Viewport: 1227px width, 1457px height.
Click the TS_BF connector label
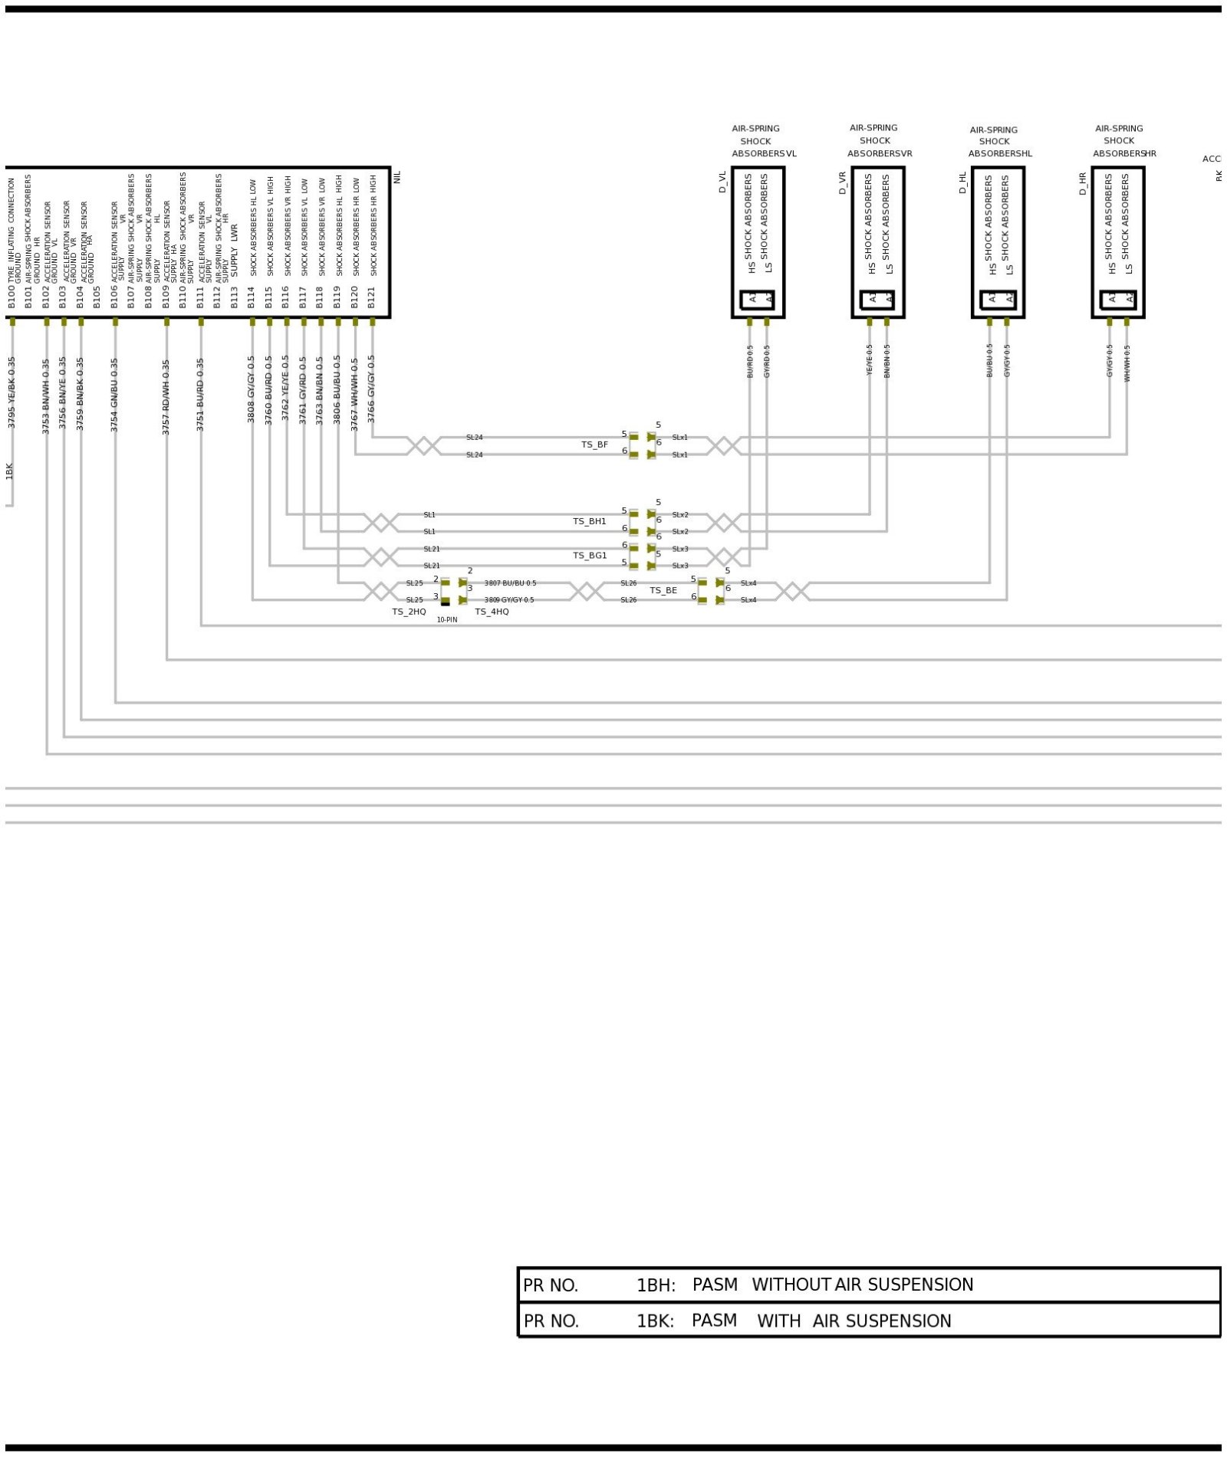click(594, 445)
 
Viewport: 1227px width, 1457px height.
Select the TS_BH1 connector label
click(589, 521)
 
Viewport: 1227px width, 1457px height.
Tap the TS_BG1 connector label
click(590, 556)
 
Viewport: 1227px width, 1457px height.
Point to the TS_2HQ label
click(409, 612)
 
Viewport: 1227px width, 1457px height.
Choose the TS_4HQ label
click(492, 612)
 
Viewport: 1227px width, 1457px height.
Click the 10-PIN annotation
click(447, 619)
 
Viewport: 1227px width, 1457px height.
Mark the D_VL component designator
click(722, 182)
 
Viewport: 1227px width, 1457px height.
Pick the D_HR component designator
click(1083, 183)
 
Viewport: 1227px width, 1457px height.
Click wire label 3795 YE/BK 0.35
click(12, 392)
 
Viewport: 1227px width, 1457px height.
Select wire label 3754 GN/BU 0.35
click(114, 395)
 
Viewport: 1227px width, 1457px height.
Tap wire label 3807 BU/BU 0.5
click(510, 583)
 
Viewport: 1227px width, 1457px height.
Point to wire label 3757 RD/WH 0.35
click(166, 397)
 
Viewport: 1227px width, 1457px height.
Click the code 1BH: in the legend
click(656, 1285)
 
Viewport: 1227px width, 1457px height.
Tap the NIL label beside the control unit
click(397, 177)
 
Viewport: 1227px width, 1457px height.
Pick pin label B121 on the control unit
click(372, 297)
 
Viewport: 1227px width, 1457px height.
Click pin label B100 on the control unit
click(12, 297)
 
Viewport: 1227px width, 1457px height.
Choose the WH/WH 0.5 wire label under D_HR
click(1127, 363)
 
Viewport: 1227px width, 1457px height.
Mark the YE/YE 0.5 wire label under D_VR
click(870, 359)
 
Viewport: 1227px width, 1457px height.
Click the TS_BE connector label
click(663, 591)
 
